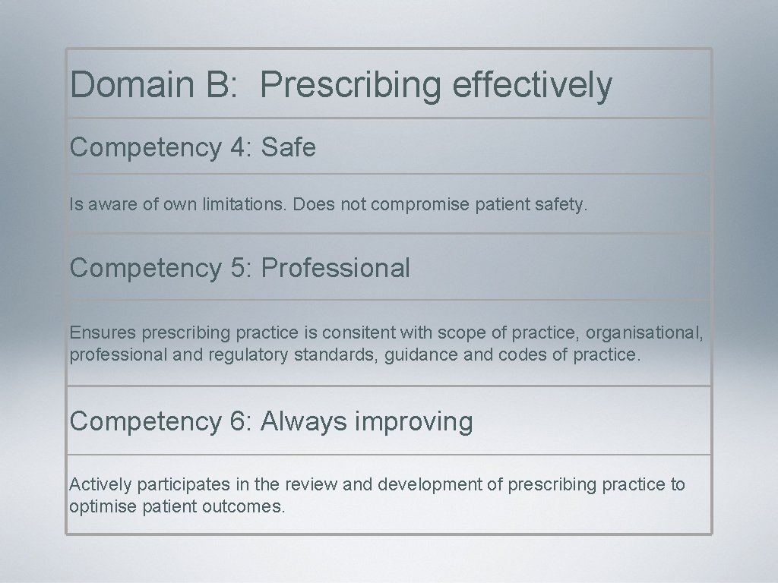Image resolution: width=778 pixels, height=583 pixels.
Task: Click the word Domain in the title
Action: point(129,85)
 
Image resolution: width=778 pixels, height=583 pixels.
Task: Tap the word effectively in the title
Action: point(532,85)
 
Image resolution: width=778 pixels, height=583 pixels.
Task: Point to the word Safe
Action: point(288,147)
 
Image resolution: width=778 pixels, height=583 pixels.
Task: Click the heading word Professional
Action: point(335,268)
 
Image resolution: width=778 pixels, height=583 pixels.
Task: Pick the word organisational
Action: point(645,332)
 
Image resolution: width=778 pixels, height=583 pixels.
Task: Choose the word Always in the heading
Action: point(304,421)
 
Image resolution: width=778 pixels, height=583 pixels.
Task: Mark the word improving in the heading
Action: point(413,421)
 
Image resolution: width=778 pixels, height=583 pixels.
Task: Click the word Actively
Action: point(100,484)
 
